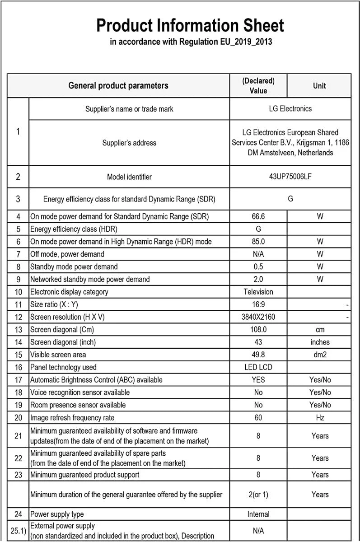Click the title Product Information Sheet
tap(190, 25)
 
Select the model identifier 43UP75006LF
tap(290, 177)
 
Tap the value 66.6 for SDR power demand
tap(258, 216)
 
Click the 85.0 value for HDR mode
tap(258, 242)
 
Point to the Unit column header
tap(319, 86)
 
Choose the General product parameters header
tap(118, 86)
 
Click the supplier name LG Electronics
tap(290, 109)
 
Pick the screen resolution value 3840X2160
tap(258, 317)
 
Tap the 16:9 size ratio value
tap(258, 304)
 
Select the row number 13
tap(18, 330)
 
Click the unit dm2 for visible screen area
tap(320, 355)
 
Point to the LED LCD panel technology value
tap(258, 367)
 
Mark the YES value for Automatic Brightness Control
tap(258, 380)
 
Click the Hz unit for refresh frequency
tap(320, 418)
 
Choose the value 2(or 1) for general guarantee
tap(258, 495)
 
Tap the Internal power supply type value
tap(258, 514)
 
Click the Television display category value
tap(258, 292)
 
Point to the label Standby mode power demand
tap(74, 267)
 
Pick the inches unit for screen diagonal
tap(320, 342)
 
